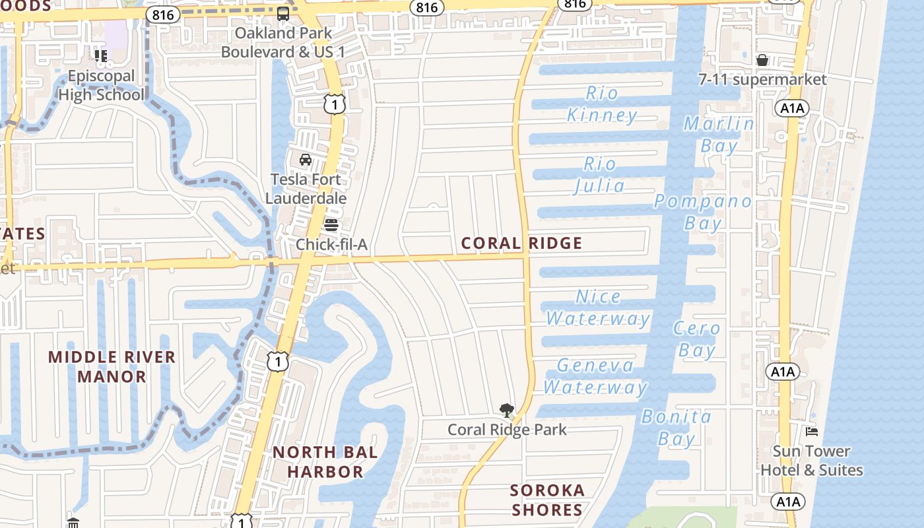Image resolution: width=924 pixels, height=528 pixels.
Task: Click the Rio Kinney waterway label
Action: coord(602,104)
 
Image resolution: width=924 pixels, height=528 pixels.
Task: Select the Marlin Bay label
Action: coord(719,135)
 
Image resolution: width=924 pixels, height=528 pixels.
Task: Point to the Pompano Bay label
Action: coord(702,212)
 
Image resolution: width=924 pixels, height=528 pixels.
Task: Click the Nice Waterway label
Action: coord(598,308)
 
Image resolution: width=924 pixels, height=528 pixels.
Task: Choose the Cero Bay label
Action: coord(697,339)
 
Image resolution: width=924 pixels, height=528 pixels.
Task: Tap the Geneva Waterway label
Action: coord(595,376)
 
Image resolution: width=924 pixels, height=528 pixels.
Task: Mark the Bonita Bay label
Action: coord(676,428)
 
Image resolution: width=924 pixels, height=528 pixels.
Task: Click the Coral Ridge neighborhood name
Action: coord(521,243)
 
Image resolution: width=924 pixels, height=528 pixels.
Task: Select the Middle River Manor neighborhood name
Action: coord(112,367)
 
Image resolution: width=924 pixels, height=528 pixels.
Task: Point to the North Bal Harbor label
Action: coord(325,462)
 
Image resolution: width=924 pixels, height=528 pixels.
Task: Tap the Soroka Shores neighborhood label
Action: coord(547,500)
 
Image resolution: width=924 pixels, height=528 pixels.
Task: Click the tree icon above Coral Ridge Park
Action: coord(506,411)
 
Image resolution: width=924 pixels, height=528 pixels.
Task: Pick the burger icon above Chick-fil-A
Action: coord(331,225)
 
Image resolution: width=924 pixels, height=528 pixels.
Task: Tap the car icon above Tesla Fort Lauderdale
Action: coord(306,160)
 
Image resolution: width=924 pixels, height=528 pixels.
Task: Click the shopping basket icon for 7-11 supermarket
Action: coord(762,61)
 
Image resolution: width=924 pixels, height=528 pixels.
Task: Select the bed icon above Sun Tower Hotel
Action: coord(812,432)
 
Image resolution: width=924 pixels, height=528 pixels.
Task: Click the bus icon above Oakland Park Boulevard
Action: coord(283,14)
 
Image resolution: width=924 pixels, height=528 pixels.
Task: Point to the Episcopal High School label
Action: coord(101,85)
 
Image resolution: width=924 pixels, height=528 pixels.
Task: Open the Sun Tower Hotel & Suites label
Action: coord(812,461)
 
